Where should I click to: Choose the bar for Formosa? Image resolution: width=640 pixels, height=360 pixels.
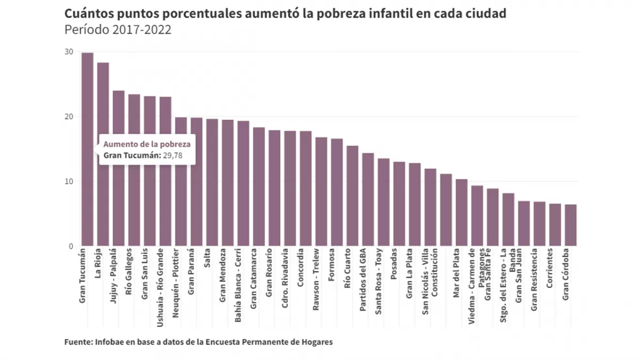pos(337,192)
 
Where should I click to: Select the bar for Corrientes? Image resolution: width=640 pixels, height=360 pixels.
pos(555,225)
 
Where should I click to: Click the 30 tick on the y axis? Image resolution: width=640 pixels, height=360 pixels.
pos(69,52)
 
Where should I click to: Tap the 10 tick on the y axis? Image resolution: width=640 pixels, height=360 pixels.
pos(69,181)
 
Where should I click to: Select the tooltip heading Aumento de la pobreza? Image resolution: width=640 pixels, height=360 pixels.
pos(147,144)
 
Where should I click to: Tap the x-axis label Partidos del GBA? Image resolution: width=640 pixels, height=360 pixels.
pos(364,280)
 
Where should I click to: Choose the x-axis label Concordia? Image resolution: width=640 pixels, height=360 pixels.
pos(301,267)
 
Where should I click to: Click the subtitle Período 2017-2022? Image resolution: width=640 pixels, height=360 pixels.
pos(118,30)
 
